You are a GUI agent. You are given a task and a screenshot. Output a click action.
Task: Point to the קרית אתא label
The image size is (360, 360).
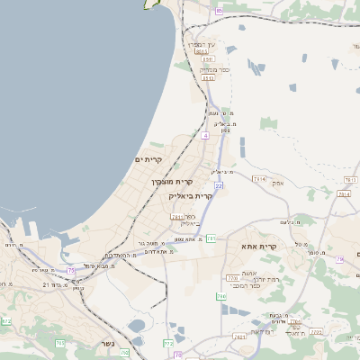click(x=258, y=245)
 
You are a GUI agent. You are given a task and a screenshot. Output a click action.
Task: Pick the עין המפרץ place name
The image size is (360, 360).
click(x=202, y=44)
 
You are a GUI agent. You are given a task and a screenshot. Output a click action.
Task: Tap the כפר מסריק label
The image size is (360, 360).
click(x=206, y=69)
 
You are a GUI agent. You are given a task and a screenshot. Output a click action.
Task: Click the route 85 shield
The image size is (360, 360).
click(x=220, y=10)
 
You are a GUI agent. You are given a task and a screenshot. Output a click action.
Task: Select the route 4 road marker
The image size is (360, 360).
click(x=205, y=135)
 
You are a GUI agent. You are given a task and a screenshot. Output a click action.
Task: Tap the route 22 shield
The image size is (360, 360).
click(x=218, y=184)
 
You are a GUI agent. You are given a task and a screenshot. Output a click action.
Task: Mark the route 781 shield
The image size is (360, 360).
click(x=211, y=238)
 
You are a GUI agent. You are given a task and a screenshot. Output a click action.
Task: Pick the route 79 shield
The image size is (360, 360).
click(x=339, y=259)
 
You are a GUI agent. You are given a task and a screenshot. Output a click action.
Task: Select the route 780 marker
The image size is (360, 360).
click(x=220, y=296)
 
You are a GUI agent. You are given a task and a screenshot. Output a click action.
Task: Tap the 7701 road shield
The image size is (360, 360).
click(x=232, y=279)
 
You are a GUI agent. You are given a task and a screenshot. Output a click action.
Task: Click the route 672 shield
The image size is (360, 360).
click(x=7, y=320)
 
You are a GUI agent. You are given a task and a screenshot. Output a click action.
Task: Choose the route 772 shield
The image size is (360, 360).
click(x=168, y=343)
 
